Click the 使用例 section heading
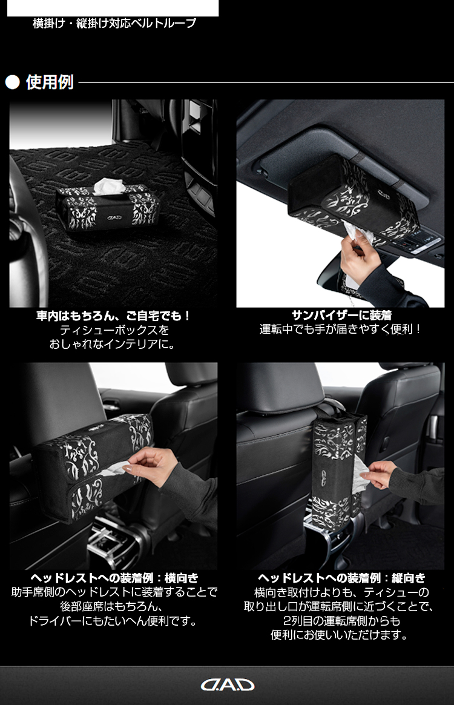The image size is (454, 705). click(50, 82)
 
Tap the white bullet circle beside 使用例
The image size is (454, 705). click(13, 83)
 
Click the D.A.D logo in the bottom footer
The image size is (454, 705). click(227, 685)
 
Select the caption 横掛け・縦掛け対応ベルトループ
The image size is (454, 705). click(114, 24)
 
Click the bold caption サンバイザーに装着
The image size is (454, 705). click(341, 315)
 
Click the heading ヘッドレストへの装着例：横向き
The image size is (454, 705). click(114, 578)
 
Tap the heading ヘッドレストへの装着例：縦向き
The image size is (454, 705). click(341, 578)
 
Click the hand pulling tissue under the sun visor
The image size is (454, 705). click(355, 252)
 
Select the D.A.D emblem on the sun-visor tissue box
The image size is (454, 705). click(384, 195)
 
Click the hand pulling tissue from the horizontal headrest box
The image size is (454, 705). click(148, 465)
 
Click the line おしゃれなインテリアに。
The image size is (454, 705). click(113, 345)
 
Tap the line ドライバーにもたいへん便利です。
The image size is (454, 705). click(113, 621)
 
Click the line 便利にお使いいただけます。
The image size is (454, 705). click(340, 635)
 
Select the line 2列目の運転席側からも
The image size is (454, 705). click(341, 621)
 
